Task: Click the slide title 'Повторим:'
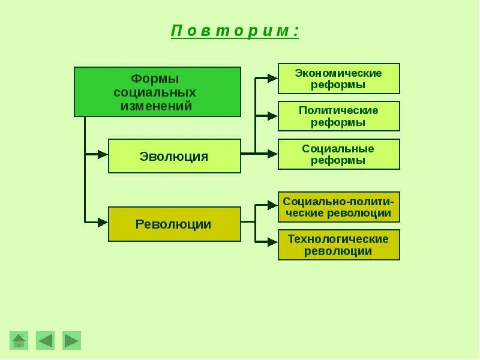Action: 235,31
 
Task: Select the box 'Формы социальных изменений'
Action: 157,92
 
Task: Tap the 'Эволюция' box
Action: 174,157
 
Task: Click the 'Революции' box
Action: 174,224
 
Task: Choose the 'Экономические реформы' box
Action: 338,79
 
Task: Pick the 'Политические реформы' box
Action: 338,116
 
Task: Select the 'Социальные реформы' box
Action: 338,154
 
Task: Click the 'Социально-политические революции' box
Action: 338,207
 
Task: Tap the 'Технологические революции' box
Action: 338,245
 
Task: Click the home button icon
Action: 19,341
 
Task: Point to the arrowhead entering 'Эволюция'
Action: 103,154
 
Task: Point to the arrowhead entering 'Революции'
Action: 103,222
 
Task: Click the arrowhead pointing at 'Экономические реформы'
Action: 272,78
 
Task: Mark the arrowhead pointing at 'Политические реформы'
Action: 272,116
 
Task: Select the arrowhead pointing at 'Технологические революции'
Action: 272,242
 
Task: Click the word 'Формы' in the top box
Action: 155,79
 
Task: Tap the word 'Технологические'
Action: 338,239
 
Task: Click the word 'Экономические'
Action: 338,73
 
